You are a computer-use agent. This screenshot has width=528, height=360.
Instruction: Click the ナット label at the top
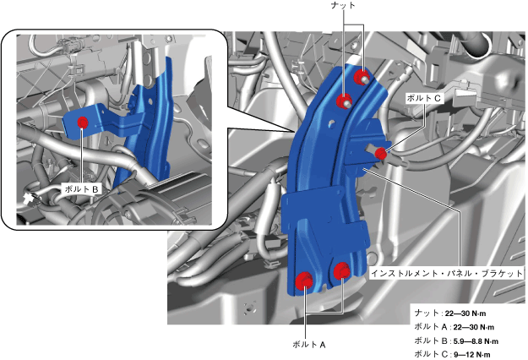coord(343,5)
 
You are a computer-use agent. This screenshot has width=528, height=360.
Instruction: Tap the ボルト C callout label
coord(423,98)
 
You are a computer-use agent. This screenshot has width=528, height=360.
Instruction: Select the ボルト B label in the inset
coord(81,189)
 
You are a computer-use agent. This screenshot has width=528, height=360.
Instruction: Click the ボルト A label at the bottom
coord(309,345)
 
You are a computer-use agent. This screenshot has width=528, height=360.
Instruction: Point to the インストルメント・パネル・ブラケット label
coord(447,273)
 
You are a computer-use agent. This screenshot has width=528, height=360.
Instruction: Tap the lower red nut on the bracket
coord(345,101)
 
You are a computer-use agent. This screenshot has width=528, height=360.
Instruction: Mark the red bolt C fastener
coord(381,154)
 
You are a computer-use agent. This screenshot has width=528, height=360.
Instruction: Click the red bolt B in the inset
coord(83,123)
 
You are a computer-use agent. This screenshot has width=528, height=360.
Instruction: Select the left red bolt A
coord(304,280)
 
